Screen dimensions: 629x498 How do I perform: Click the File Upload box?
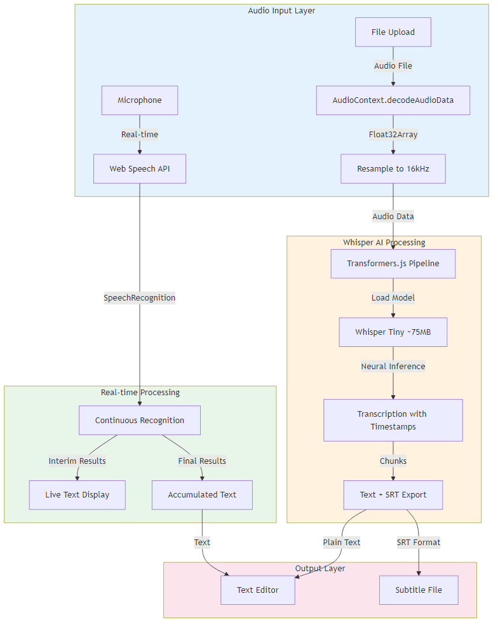[393, 32]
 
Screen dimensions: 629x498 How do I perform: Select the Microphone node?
[140, 100]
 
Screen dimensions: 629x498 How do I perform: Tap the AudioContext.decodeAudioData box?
[393, 100]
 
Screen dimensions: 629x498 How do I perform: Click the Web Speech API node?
[140, 168]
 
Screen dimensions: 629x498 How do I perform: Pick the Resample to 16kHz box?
[393, 168]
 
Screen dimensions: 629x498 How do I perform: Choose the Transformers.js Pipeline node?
[393, 264]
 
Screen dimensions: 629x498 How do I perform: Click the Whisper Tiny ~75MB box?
[393, 332]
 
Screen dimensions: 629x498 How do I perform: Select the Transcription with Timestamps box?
[393, 420]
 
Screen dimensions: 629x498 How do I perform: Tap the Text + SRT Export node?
[393, 494]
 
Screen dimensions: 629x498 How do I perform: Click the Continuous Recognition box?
[140, 420]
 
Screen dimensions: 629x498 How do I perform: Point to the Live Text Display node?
[77, 494]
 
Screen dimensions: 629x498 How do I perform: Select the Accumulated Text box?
[202, 494]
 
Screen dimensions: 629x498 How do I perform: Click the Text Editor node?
[258, 590]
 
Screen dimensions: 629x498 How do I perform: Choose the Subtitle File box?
[419, 590]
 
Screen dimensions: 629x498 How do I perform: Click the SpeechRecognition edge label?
[140, 297]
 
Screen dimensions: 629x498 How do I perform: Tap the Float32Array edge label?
[393, 134]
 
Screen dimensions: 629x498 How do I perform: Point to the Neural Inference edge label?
[393, 366]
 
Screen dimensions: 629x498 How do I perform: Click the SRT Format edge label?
[419, 542]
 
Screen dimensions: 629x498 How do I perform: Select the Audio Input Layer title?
[281, 11]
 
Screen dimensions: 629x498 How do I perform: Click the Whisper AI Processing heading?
[384, 242]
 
